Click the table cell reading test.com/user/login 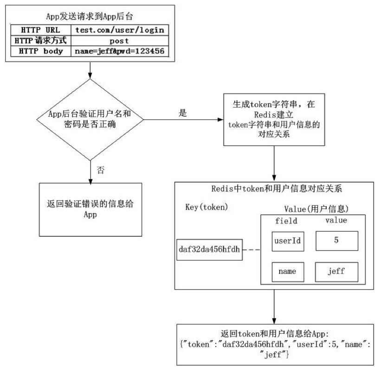pos(120,30)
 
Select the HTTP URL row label pos(41,30)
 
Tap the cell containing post pos(119,40)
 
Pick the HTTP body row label pos(41,51)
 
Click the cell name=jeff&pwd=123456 pos(119,51)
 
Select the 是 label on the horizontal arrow pos(182,113)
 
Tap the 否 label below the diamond pos(100,170)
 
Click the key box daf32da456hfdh pos(210,250)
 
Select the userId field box pos(287,241)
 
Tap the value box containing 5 pos(336,240)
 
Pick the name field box pos(287,272)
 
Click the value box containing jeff pos(336,272)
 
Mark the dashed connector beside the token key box pos(251,250)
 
